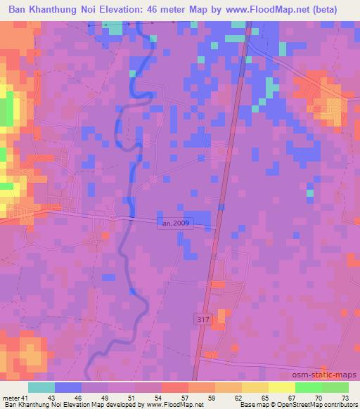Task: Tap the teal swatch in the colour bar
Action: tap(41, 387)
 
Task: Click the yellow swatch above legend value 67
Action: tap(281, 387)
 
